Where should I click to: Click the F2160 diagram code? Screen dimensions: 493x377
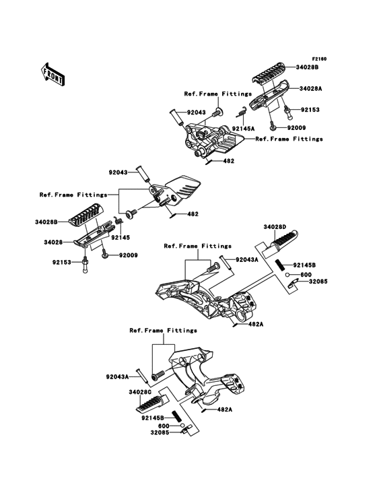pyautogui.click(x=318, y=59)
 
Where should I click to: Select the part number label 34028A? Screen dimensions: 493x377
pyautogui.click(x=311, y=88)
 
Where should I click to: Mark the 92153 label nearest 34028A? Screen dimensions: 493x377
pyautogui.click(x=310, y=109)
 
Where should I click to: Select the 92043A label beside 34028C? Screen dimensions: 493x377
pyautogui.click(x=118, y=377)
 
